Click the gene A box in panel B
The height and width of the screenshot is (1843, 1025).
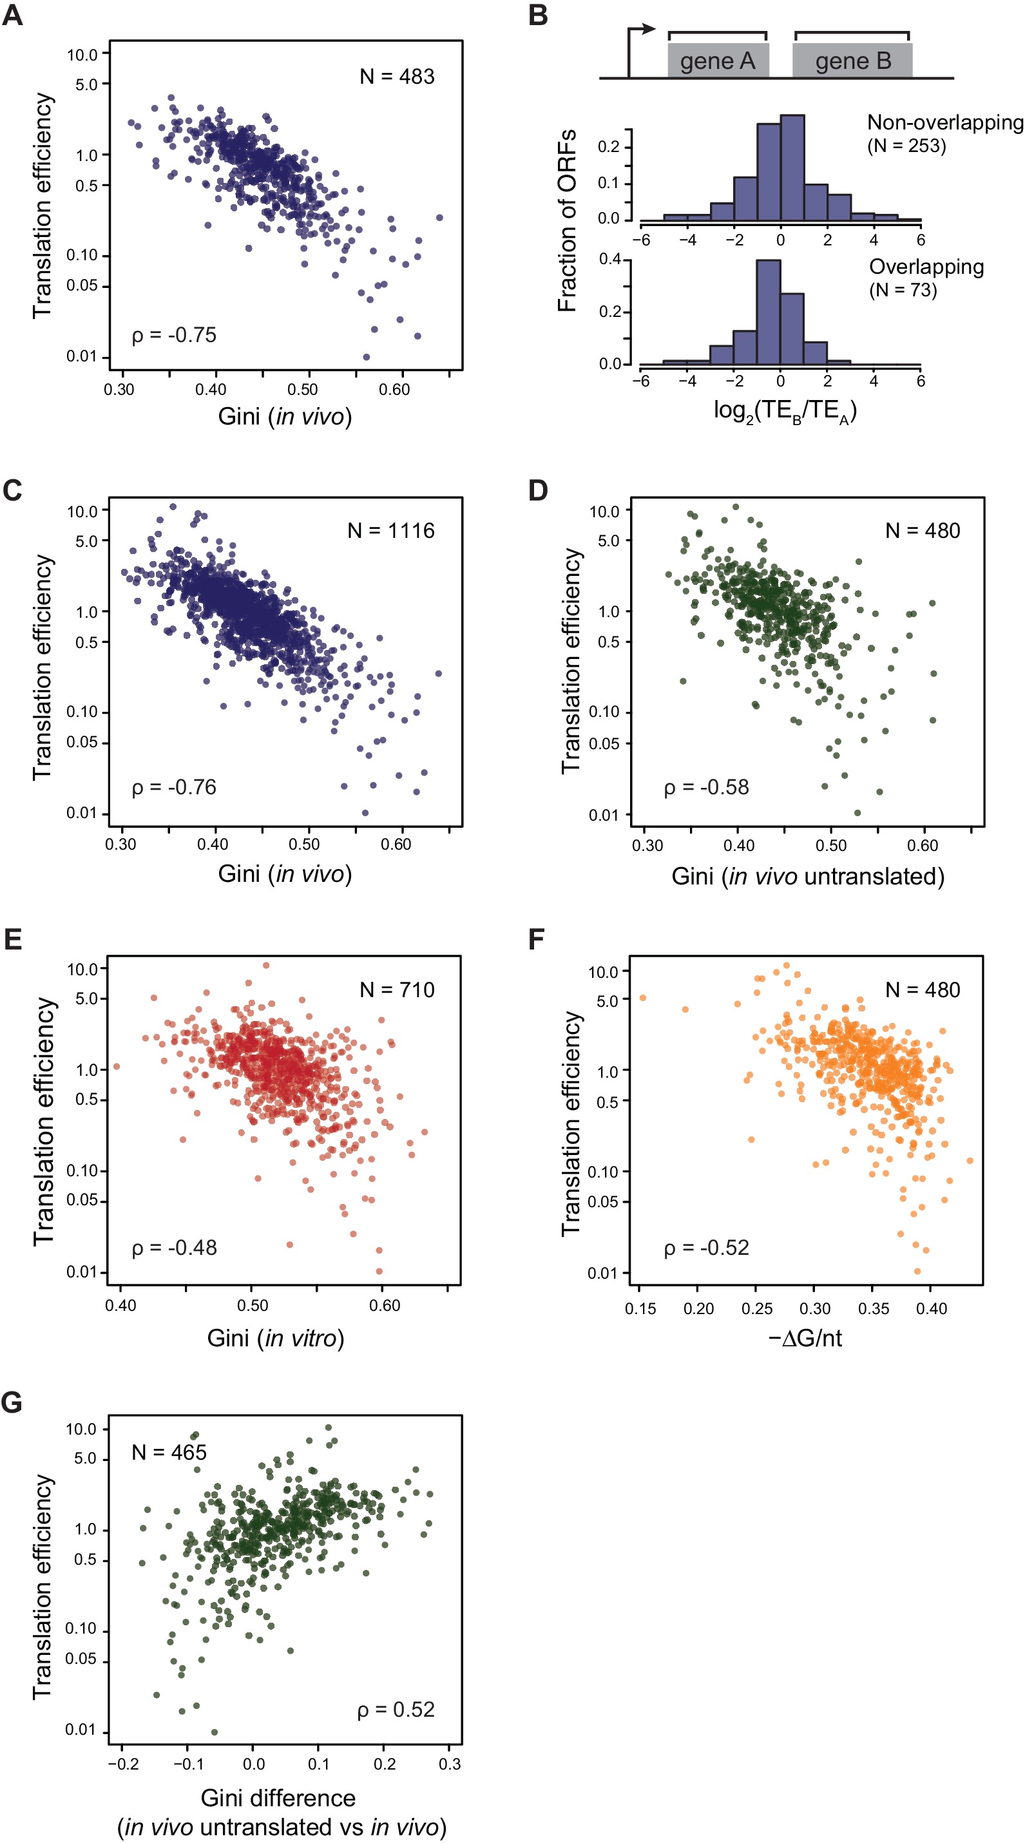[718, 61]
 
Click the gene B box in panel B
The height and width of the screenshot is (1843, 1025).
[852, 61]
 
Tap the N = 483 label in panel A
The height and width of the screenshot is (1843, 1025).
[396, 77]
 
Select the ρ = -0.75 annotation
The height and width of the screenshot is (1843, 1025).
[174, 335]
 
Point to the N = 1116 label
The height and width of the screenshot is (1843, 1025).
[390, 530]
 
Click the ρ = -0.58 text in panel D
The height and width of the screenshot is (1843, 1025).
[706, 787]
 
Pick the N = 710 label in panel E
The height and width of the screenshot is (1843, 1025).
[396, 989]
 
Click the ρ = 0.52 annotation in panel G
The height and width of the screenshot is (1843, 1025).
[396, 1709]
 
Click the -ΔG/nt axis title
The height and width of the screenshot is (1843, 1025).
[805, 1338]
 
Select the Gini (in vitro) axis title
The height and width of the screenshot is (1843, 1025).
[275, 1338]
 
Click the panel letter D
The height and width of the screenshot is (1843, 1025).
[538, 491]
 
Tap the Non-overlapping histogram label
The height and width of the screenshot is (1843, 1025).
[944, 123]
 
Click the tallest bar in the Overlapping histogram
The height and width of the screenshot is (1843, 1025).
[768, 312]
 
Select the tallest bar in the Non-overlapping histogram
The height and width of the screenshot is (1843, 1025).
[792, 167]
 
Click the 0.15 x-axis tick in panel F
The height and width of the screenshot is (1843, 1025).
[640, 1308]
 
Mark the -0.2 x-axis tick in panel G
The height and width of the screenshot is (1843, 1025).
[123, 1764]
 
